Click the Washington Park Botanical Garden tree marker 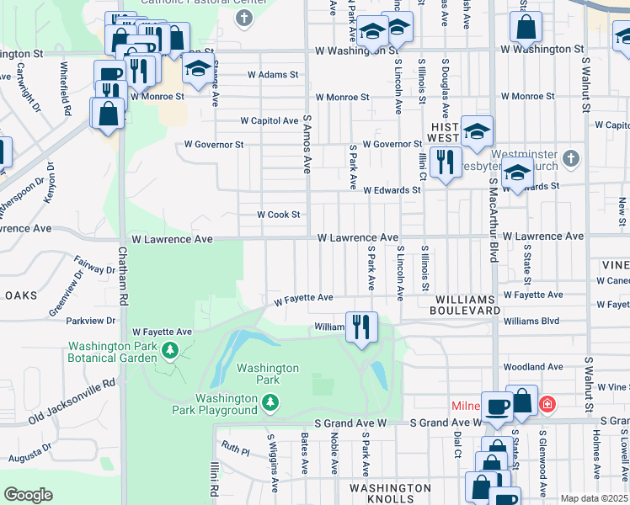tap(171, 349)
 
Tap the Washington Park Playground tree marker tap(270, 405)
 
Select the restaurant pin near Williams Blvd tap(361, 326)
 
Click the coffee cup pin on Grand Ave tap(497, 406)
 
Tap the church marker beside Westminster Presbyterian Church tap(570, 158)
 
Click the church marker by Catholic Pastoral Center tap(243, 18)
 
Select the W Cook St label tap(278, 215)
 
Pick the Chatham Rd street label tap(122, 286)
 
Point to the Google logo tap(28, 495)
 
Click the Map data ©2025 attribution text tap(593, 498)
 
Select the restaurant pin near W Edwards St tap(444, 160)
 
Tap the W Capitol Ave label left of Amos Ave tap(270, 120)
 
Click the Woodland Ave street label tap(532, 367)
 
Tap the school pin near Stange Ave tap(198, 68)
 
